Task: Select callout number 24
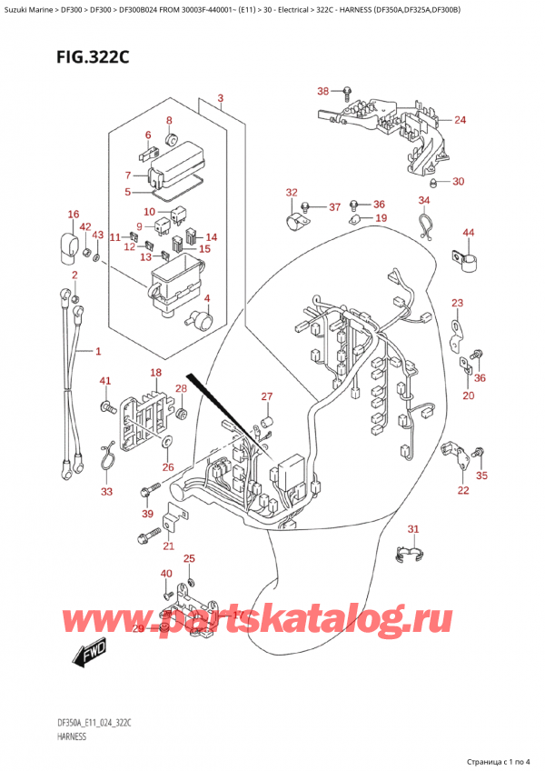(460, 120)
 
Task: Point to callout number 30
(458, 181)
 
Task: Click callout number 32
(291, 192)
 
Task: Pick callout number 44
(469, 234)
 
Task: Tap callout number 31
(413, 529)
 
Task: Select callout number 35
(481, 475)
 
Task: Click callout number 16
(74, 215)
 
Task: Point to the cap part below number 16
(69, 246)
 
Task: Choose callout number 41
(104, 380)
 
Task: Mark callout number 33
(107, 492)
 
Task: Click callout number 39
(148, 515)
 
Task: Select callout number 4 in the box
(207, 299)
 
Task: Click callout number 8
(168, 120)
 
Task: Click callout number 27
(267, 396)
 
